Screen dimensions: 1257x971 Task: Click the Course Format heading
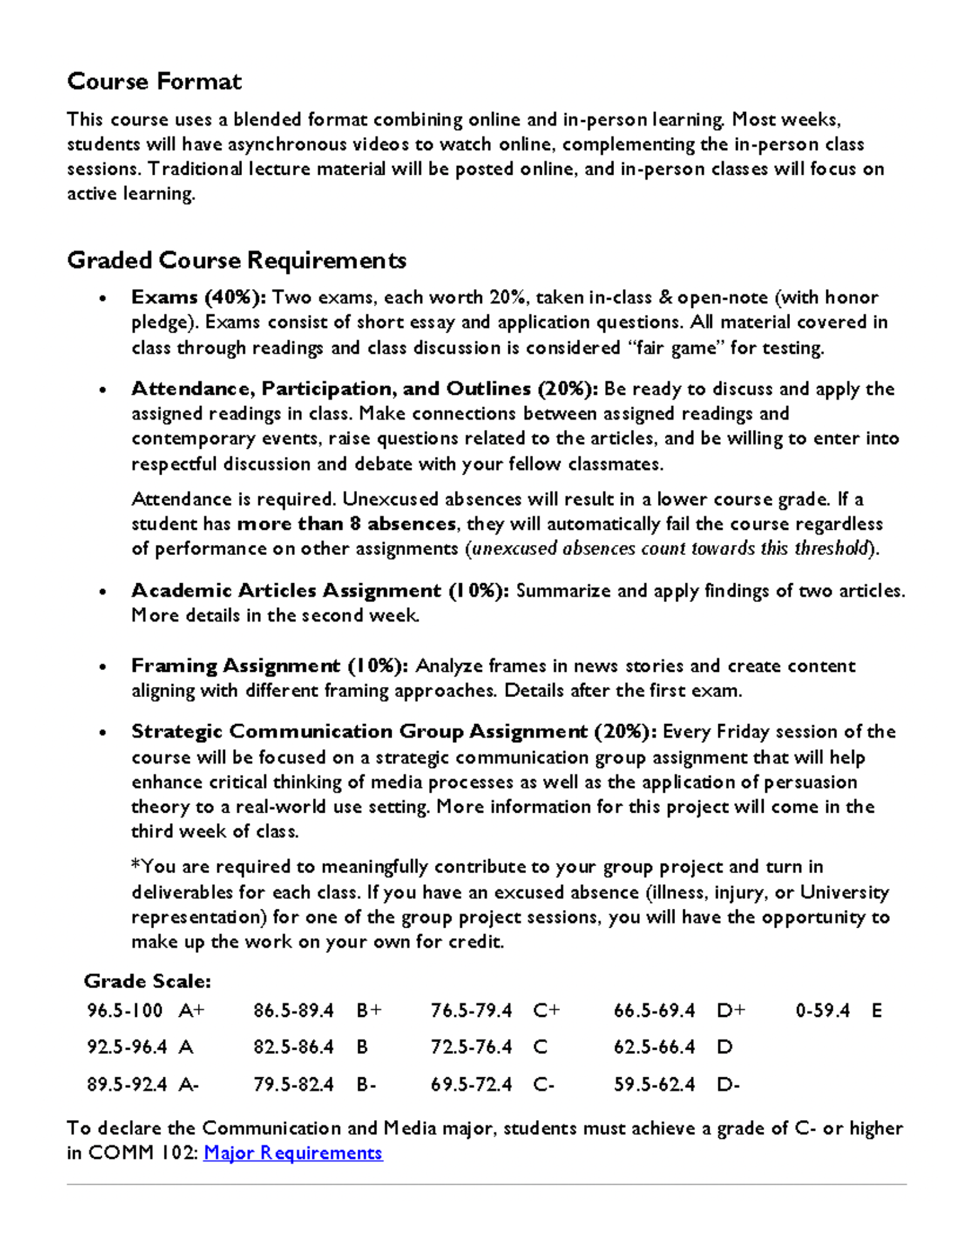pyautogui.click(x=154, y=82)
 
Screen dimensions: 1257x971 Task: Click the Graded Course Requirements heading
pyautogui.click(x=236, y=260)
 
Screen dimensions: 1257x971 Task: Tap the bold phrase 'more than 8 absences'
pyautogui.click(x=346, y=524)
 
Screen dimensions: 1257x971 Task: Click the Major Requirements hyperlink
pyautogui.click(x=293, y=1153)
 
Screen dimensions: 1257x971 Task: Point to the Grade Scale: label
pyautogui.click(x=147, y=981)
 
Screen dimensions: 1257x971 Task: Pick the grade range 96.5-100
pyautogui.click(x=124, y=1011)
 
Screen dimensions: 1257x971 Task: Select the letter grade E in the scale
pyautogui.click(x=877, y=1011)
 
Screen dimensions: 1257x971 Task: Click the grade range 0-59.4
pyautogui.click(x=822, y=1011)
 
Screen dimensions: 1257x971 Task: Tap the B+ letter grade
pyautogui.click(x=369, y=1011)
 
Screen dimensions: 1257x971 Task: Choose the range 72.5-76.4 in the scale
pyautogui.click(x=471, y=1047)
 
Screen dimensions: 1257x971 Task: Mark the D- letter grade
pyautogui.click(x=728, y=1085)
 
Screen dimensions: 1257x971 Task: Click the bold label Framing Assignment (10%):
pyautogui.click(x=270, y=666)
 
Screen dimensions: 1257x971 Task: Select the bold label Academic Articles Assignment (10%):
pyautogui.click(x=320, y=591)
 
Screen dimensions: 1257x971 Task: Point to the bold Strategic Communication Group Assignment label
pyautogui.click(x=393, y=732)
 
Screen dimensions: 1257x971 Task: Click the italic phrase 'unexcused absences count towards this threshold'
pyautogui.click(x=670, y=549)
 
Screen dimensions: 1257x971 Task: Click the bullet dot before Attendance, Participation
pyautogui.click(x=102, y=390)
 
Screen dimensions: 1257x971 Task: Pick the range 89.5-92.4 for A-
pyautogui.click(x=127, y=1085)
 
